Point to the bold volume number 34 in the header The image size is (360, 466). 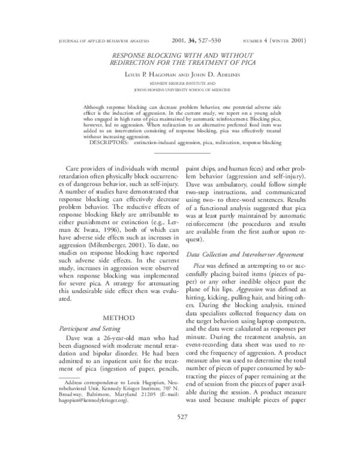(193, 40)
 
